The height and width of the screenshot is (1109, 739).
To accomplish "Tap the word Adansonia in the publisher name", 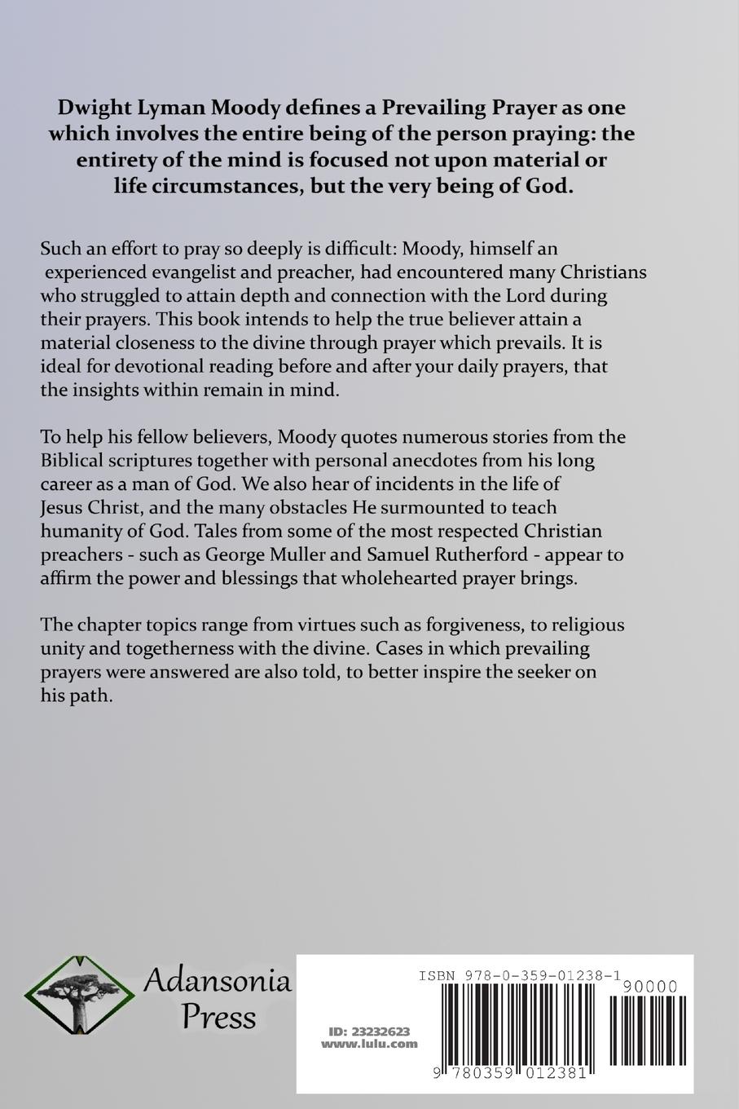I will tap(217, 980).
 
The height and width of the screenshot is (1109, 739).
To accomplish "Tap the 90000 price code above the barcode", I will tap(649, 987).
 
